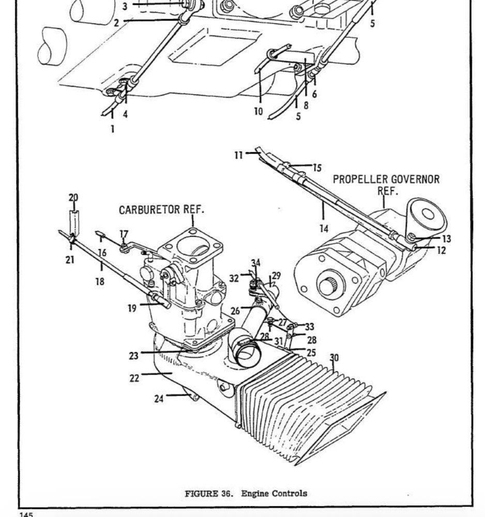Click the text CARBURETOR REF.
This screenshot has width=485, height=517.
(161, 210)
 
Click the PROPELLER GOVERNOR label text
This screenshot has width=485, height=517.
(386, 179)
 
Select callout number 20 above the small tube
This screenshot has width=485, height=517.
(73, 197)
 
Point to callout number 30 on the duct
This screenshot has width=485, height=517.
(334, 358)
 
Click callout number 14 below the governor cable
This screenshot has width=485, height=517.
(324, 229)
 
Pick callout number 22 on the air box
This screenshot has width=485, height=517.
(134, 378)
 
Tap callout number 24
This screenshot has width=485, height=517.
(159, 399)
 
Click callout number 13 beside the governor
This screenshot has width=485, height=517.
(446, 239)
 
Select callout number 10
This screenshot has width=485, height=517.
(259, 112)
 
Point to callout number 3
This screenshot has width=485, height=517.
(125, 6)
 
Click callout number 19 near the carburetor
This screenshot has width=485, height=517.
(132, 308)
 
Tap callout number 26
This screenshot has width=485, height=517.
(235, 311)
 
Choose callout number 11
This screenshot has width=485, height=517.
(239, 155)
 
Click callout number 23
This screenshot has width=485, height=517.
(133, 356)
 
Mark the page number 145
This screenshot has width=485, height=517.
(26, 514)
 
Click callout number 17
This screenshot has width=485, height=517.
(124, 234)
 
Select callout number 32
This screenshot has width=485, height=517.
(234, 278)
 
